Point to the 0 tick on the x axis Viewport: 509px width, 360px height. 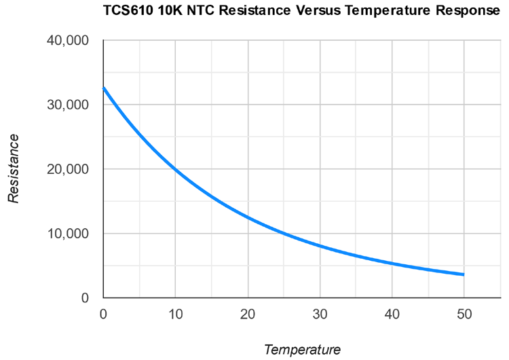tap(103, 314)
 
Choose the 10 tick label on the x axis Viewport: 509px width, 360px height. tap(175, 314)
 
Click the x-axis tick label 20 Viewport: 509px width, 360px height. tap(248, 314)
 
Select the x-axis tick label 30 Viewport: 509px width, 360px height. tap(320, 314)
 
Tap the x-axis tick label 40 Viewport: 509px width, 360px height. tap(392, 314)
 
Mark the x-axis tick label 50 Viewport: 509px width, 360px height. tap(464, 314)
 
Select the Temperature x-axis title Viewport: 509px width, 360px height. tap(302, 350)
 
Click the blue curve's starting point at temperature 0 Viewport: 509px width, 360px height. tap(103, 88)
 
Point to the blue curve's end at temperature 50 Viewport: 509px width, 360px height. tap(464, 274)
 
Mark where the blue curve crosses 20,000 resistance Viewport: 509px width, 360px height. tap(175, 169)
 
